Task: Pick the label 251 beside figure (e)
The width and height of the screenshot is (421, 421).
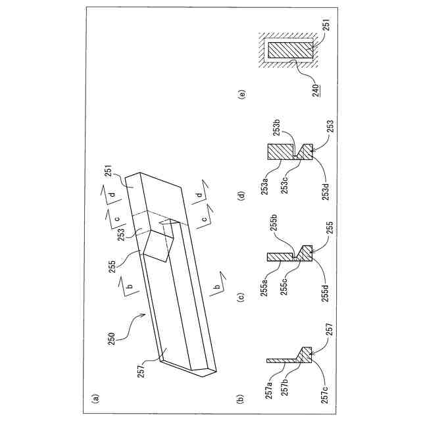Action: (x=326, y=28)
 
